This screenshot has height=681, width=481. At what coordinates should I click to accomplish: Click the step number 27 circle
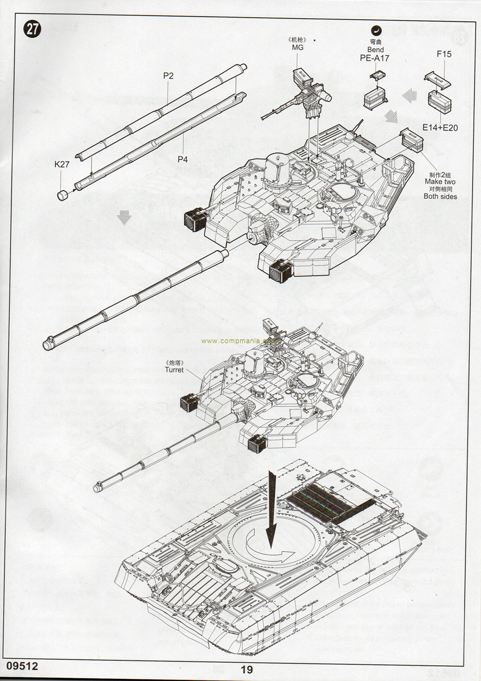(x=32, y=30)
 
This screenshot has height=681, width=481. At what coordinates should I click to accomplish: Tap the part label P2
(x=168, y=76)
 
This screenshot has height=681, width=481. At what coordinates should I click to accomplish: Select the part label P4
(x=183, y=159)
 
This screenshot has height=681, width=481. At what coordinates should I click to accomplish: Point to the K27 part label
(x=62, y=165)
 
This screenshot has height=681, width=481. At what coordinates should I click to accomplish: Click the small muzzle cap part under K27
(x=63, y=194)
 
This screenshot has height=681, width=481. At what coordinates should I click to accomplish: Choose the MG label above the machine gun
(x=297, y=48)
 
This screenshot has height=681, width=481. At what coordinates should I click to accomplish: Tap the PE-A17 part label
(x=375, y=58)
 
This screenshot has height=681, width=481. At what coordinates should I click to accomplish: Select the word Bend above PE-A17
(x=375, y=49)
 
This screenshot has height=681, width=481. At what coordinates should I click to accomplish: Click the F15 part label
(x=444, y=54)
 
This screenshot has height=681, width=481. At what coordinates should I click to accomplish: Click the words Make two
(x=439, y=182)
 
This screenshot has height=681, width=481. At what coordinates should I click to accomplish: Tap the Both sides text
(x=440, y=196)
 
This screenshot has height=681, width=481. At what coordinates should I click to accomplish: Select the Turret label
(x=174, y=370)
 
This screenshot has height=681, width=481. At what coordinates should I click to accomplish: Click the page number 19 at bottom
(x=246, y=670)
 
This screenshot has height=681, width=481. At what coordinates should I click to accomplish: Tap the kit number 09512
(x=23, y=666)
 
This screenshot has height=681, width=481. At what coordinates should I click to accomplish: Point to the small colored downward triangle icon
(x=124, y=218)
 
